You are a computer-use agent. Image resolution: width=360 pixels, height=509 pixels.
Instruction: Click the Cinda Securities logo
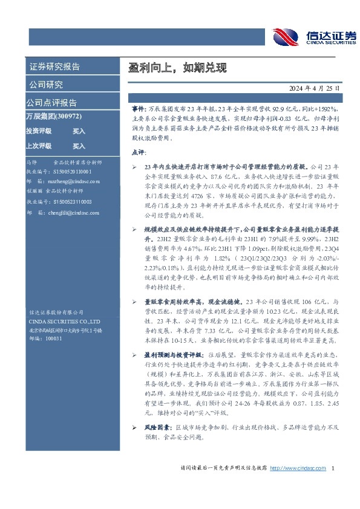tap(314, 37)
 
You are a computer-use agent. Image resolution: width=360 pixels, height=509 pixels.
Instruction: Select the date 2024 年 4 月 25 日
tap(310, 88)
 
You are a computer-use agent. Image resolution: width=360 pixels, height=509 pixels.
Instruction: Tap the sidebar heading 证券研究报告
tap(54, 66)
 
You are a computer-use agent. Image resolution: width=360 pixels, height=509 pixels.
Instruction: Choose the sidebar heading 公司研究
tap(46, 84)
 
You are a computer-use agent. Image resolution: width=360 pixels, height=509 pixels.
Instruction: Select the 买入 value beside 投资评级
tap(79, 131)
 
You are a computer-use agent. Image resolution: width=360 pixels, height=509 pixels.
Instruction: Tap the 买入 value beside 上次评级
tap(79, 146)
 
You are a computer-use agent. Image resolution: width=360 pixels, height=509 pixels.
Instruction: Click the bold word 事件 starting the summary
tap(139, 106)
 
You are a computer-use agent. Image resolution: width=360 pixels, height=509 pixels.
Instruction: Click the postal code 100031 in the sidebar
tap(54, 339)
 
